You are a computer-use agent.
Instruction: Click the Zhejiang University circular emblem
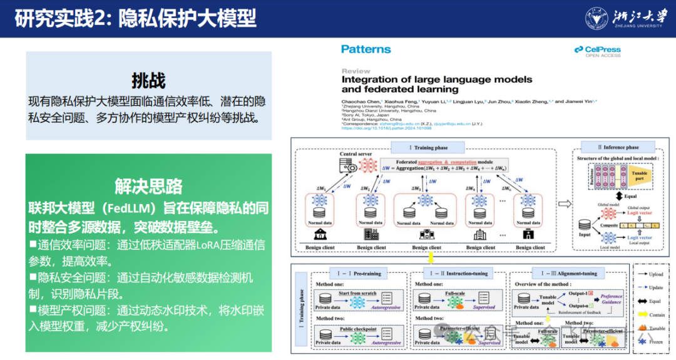pos(597,18)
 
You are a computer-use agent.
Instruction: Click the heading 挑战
pos(148,81)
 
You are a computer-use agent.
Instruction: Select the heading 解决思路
pos(148,186)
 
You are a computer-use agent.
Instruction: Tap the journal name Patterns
pos(366,49)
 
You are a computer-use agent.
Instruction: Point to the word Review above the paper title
pos(356,71)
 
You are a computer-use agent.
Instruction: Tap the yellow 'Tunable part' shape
pos(640,176)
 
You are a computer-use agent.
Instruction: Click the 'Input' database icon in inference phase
pos(585,225)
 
